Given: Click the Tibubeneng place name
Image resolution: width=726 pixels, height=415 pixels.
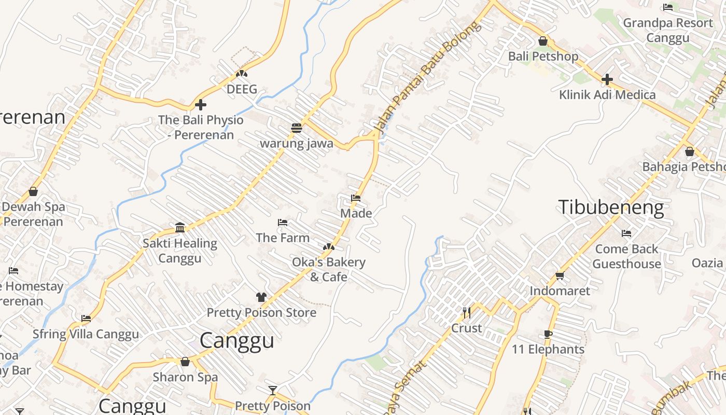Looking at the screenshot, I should click(611, 207).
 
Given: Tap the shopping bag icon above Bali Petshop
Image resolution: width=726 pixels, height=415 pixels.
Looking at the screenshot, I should click(543, 41).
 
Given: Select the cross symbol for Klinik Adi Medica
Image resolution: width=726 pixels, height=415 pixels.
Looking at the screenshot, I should click(607, 79).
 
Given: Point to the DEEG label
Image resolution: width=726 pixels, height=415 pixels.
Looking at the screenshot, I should click(242, 89).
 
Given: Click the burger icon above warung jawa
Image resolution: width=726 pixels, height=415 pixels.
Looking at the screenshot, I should click(297, 128).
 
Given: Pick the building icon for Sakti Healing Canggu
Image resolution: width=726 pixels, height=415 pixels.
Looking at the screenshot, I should click(180, 227).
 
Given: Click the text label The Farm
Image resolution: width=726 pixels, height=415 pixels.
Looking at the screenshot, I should click(283, 238).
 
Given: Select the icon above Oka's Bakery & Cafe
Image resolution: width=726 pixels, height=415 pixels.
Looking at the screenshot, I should click(329, 247).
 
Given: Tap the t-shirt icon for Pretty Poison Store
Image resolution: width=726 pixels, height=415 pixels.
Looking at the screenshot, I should click(261, 297).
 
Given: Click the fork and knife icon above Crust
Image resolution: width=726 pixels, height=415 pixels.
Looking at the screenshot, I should click(467, 312).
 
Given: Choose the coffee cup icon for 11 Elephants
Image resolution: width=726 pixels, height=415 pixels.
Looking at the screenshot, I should click(548, 334).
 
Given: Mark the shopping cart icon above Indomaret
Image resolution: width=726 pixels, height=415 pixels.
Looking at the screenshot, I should click(560, 275).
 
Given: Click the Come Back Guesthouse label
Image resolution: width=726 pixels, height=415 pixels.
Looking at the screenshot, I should click(626, 256).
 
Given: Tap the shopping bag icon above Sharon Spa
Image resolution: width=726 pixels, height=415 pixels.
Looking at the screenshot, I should click(185, 362).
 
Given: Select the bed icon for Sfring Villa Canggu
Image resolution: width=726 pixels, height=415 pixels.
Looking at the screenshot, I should click(86, 319).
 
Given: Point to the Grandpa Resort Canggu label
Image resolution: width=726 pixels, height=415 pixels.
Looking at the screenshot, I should click(668, 30).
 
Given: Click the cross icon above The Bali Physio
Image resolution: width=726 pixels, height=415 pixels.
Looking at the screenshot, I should click(201, 105).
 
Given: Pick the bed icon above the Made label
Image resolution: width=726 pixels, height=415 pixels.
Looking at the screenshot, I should click(356, 198).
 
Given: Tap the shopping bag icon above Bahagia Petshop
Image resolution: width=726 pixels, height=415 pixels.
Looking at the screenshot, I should click(690, 151).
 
